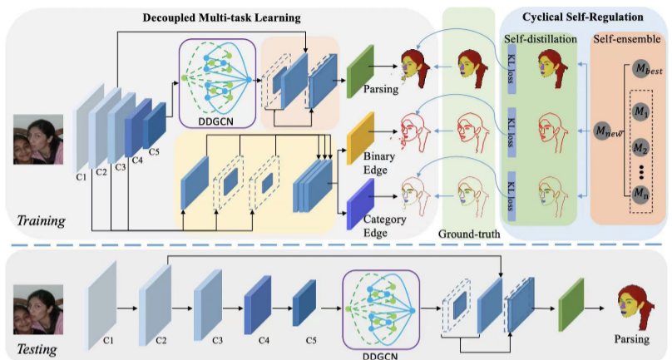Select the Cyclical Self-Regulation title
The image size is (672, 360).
pyautogui.click(x=583, y=17)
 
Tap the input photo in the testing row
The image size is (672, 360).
pyautogui.click(x=38, y=308)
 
